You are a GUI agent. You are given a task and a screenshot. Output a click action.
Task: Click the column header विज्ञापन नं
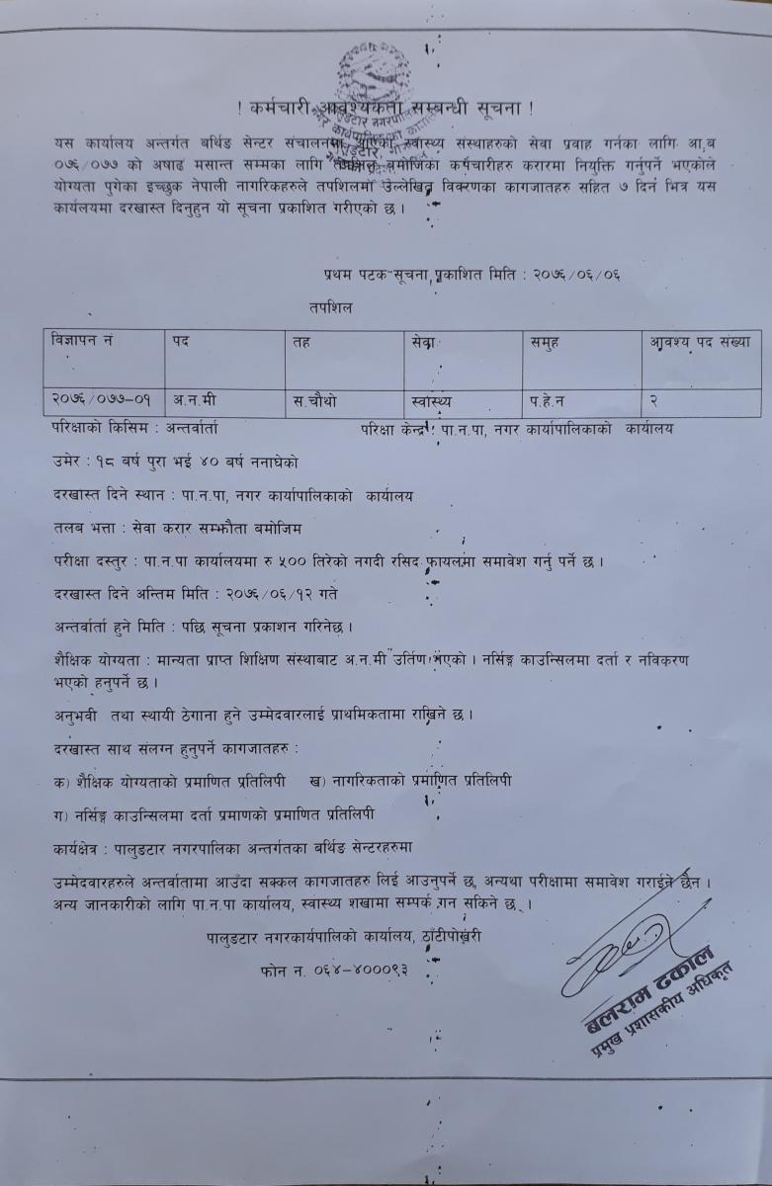coord(81,342)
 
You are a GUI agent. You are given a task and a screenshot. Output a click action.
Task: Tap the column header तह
coord(301,342)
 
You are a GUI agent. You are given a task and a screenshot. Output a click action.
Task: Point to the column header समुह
coord(545,342)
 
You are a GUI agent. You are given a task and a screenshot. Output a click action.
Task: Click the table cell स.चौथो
coord(315,401)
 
